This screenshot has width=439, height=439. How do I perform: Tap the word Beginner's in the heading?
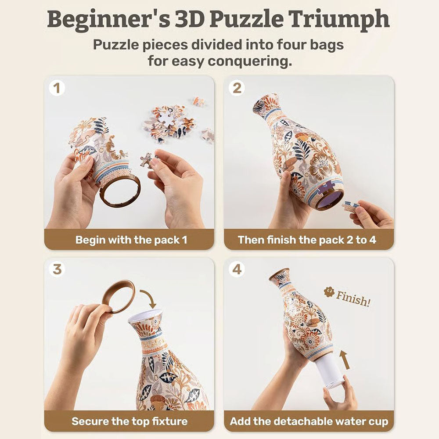pos(108,19)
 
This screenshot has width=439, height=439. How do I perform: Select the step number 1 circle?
pos(57,88)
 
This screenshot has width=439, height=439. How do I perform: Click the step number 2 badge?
pos(237,88)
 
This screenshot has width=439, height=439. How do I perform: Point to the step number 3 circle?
pos(57,270)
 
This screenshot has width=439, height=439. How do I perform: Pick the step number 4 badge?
pos(237,270)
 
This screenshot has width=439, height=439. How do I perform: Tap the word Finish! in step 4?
pos(353,299)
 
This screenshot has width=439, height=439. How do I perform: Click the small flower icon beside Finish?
pos(329,292)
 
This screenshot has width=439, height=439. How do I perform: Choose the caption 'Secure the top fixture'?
pos(130,421)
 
